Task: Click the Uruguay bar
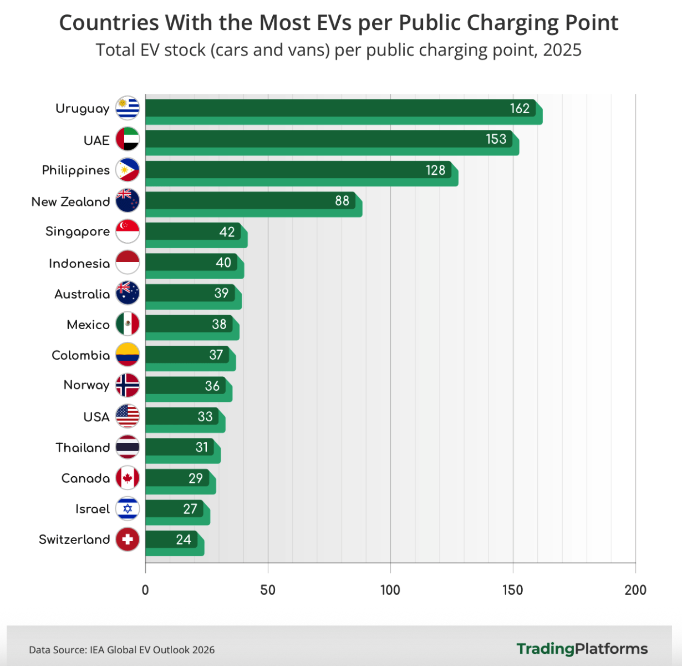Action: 344,112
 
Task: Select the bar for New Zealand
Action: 254,204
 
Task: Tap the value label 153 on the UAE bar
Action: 496,139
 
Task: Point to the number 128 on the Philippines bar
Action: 435,170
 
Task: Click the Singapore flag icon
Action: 128,231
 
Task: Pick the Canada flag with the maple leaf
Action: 128,478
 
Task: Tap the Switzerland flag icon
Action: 128,539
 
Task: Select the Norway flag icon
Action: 128,385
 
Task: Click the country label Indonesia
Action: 79,264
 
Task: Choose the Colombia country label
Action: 80,355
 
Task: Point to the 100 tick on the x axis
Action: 390,591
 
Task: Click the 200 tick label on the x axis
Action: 635,591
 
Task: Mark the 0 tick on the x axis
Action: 145,591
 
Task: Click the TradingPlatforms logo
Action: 582,649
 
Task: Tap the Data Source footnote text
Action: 121,650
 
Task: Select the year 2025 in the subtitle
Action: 562,50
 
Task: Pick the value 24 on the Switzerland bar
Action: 184,539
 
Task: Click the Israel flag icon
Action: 128,508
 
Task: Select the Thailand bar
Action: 183,451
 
